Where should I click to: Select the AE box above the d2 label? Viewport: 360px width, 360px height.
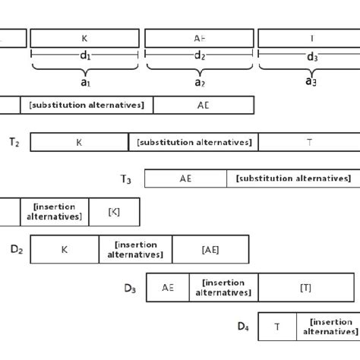pos(199,38)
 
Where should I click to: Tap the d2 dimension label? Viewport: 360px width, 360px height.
pos(199,55)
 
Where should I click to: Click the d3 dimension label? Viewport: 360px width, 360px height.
pos(311,56)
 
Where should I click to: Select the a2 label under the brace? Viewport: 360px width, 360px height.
pos(199,81)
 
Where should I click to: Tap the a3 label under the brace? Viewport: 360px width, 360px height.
pos(311,81)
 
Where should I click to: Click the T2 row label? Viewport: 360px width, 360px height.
pos(14,141)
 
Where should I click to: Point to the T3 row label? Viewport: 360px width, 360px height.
pos(126,179)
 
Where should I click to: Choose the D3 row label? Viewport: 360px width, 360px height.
pos(130,288)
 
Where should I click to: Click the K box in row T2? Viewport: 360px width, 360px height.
pos(79,142)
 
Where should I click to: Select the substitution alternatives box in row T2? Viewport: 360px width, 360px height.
pos(194,142)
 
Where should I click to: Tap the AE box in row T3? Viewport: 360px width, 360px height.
pos(185,178)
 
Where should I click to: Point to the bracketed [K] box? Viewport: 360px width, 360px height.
pos(114,211)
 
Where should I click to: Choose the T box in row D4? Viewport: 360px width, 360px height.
pos(277,327)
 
